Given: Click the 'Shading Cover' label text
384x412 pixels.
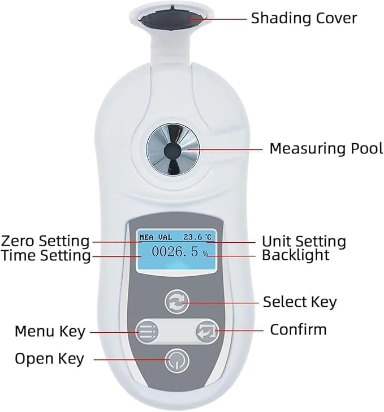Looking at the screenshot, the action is pos(304,18).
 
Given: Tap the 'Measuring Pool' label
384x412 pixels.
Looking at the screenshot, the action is pos(326,149).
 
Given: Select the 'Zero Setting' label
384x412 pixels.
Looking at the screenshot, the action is pos(45,241).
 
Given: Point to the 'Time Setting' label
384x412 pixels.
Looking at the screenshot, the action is pos(46,256).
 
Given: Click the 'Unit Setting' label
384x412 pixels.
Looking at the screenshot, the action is pos(304,242).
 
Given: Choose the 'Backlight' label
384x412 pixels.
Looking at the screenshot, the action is pos(295,255).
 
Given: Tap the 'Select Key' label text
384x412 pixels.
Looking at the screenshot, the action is pos(300,302).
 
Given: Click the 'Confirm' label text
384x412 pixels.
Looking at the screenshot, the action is pos(299,329).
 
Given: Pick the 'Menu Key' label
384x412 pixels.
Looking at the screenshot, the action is pos(50,331).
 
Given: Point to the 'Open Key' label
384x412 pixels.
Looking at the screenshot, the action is pos(49,359).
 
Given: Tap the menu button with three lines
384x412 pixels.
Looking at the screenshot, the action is pos(147,331).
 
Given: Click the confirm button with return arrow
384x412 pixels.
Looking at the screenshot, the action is pos(208,331).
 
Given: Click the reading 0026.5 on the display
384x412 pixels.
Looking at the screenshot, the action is pos(175,252).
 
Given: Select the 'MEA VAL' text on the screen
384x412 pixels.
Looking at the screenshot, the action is pos(156,237).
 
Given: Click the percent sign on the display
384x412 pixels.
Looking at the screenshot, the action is pos(205,254).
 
